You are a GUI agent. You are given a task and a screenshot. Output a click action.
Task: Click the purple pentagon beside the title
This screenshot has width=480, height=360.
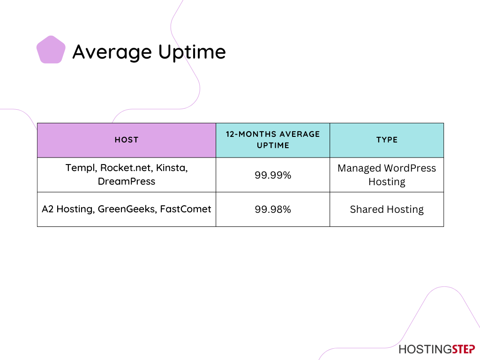[51, 50]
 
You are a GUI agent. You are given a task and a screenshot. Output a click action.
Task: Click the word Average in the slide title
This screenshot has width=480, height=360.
[112, 52]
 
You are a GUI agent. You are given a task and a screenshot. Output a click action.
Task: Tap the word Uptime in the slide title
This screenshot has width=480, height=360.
[192, 52]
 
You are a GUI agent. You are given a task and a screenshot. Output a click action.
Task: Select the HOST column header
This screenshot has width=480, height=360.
[127, 140]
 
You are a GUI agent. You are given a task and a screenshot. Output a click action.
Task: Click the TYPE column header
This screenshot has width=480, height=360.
[387, 140]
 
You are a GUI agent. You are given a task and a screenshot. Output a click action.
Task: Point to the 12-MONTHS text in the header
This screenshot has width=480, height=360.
[251, 134]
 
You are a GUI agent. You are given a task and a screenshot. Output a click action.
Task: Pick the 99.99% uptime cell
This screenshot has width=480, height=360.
[273, 175]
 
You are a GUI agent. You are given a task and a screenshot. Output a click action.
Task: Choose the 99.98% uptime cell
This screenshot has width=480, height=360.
[273, 210]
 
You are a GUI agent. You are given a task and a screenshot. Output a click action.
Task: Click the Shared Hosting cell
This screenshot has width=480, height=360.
[387, 210]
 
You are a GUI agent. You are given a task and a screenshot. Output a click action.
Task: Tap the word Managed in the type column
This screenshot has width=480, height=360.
[359, 169]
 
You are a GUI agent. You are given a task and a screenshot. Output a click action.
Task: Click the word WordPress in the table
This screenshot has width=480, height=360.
[410, 168]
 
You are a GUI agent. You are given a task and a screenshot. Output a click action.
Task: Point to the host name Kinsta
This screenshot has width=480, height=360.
[172, 168]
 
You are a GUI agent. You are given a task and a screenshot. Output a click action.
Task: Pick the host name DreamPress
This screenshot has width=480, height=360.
[127, 181]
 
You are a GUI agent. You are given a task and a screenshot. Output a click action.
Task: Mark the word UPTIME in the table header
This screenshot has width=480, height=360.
[273, 145]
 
